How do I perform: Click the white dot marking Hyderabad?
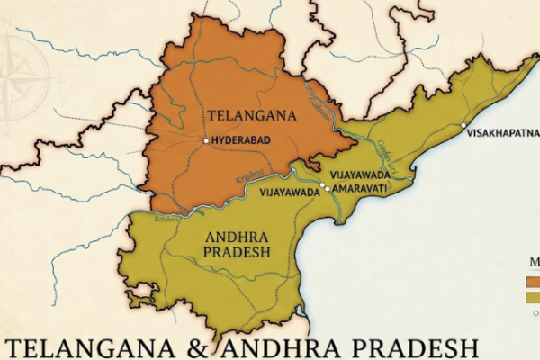point(206,141)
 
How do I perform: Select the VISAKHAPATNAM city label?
point(503,133)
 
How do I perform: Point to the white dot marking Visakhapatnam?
point(463,125)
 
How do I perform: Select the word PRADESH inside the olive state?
point(236,253)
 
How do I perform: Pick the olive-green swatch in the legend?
point(533,297)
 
